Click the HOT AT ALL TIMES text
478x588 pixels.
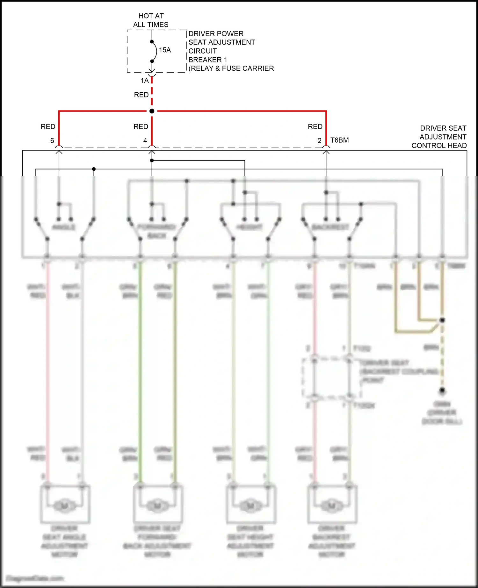151,20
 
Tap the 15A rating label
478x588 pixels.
165,50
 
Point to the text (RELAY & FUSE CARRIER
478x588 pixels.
231,68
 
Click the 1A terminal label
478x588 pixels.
145,81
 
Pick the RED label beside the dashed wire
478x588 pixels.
141,95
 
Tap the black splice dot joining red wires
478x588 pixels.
152,111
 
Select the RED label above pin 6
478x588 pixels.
48,127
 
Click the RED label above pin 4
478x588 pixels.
141,127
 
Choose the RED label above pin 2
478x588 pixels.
315,127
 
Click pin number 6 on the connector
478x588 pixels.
52,140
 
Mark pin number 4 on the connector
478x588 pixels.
145,140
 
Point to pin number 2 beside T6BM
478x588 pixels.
320,140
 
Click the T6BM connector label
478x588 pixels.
340,140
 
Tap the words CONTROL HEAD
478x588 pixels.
439,146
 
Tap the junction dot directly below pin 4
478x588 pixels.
152,161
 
